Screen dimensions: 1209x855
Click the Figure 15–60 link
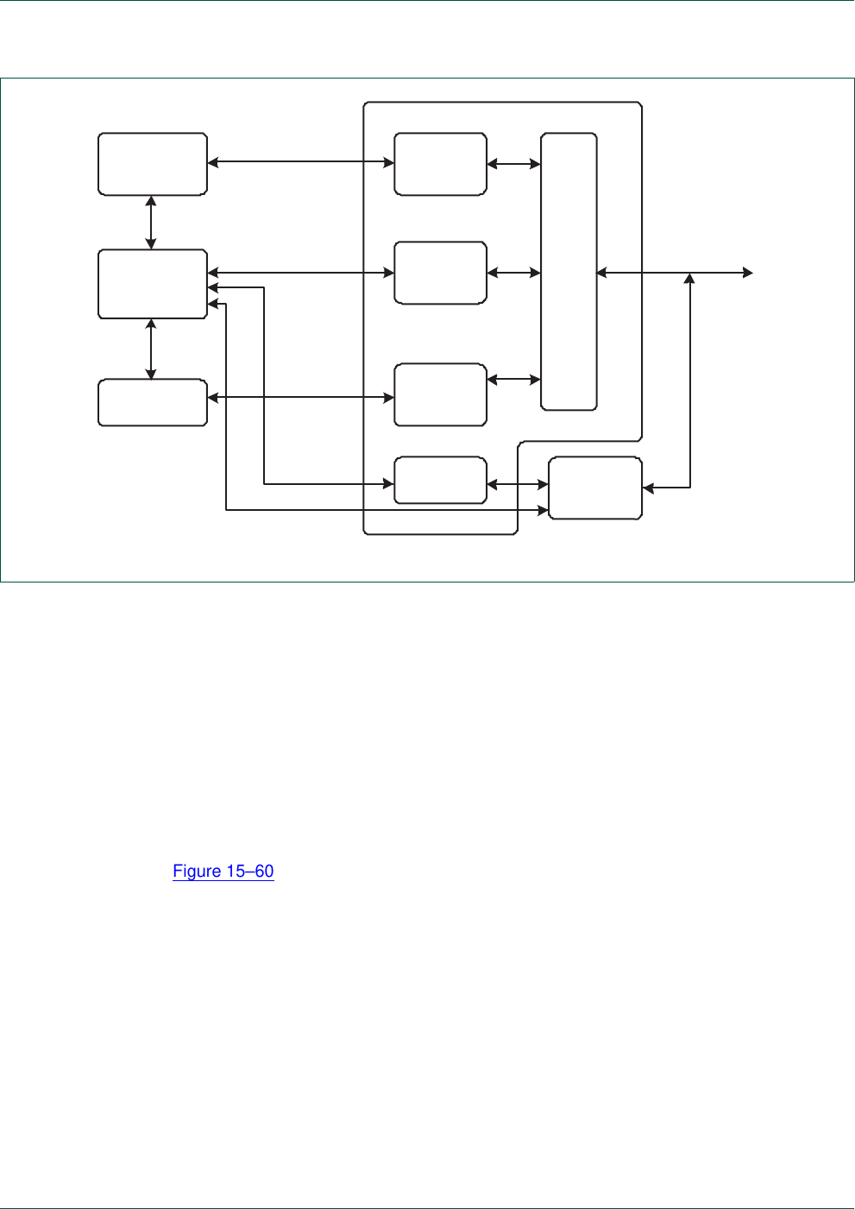tap(223, 872)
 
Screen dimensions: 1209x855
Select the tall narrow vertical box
tap(569, 272)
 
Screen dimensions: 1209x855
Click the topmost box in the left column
tap(153, 164)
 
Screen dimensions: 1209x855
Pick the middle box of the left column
tap(153, 284)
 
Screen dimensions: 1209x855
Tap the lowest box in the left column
tap(153, 402)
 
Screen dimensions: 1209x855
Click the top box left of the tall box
tap(440, 164)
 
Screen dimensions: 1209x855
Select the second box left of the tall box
tap(440, 273)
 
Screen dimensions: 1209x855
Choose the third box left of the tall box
tap(440, 394)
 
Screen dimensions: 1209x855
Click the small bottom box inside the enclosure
tap(440, 480)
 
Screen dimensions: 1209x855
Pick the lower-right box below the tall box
tap(595, 488)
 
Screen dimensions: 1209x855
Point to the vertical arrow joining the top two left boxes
tap(152, 223)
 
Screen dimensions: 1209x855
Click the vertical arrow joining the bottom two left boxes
tap(152, 349)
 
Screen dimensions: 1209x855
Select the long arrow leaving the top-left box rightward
tap(300, 162)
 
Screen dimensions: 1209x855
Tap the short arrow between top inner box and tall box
tap(513, 164)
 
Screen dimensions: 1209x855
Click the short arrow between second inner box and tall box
tap(513, 273)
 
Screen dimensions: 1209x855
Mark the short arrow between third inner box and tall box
tap(513, 379)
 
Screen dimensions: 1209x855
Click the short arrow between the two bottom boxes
tap(518, 485)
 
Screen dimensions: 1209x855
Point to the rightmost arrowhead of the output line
tap(748, 273)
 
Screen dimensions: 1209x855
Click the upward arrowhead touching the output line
tap(689, 279)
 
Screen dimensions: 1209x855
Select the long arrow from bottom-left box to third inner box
tap(300, 398)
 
